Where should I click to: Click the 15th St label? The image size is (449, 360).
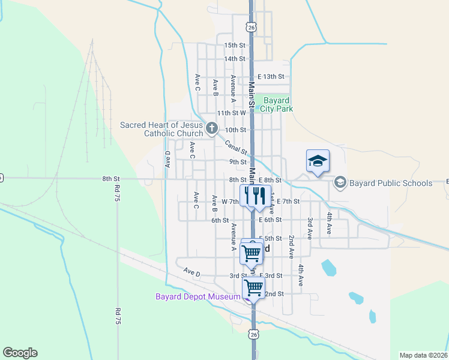pyautogui.click(x=235, y=45)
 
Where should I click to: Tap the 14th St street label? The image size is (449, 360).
pyautogui.click(x=235, y=59)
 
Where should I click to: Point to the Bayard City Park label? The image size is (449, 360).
pyautogui.click(x=276, y=104)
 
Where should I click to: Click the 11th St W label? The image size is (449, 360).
pyautogui.click(x=232, y=113)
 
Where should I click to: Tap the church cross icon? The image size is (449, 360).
pyautogui.click(x=211, y=128)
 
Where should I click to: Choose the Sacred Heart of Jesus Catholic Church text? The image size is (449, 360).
pyautogui.click(x=161, y=129)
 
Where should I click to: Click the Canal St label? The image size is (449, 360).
pyautogui.click(x=236, y=147)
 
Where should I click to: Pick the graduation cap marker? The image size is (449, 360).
pyautogui.click(x=318, y=161)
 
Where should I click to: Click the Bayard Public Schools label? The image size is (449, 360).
pyautogui.click(x=391, y=183)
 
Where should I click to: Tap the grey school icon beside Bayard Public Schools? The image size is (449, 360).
pyautogui.click(x=340, y=182)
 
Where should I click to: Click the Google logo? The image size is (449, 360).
pyautogui.click(x=20, y=352)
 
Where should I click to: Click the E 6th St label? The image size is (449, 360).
pyautogui.click(x=270, y=220)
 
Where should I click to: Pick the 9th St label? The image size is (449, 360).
pyautogui.click(x=238, y=162)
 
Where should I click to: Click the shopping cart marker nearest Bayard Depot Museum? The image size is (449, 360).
pyautogui.click(x=253, y=288)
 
